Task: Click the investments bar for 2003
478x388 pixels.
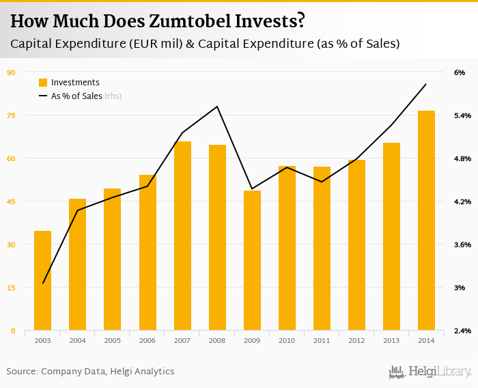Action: click(43, 280)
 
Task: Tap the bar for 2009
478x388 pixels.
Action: click(253, 260)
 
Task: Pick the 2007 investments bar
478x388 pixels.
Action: click(182, 236)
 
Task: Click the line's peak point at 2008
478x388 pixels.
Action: click(217, 106)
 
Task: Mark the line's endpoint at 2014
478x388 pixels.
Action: click(426, 84)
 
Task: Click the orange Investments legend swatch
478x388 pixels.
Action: click(43, 83)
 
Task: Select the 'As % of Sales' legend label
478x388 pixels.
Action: click(76, 96)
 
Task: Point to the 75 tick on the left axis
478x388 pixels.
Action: click(11, 115)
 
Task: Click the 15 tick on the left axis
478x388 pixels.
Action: click(11, 288)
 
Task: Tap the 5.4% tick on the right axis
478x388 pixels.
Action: click(462, 115)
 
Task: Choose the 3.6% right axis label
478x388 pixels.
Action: click(462, 245)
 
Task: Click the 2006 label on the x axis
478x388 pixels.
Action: click(147, 339)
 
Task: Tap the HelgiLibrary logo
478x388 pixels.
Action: click(430, 372)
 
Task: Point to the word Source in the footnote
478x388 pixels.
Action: click(22, 372)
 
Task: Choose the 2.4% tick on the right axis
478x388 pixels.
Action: click(462, 331)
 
